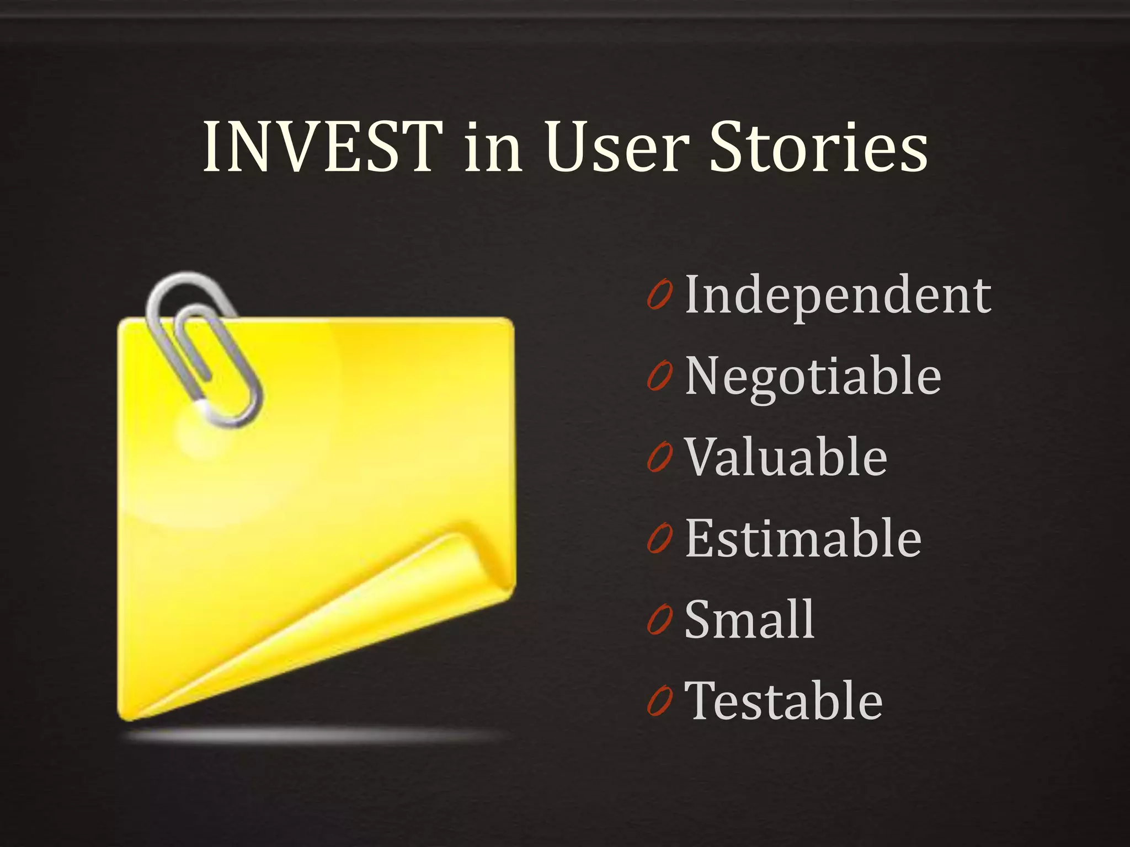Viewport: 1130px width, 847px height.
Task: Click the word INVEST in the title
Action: [x=323, y=148]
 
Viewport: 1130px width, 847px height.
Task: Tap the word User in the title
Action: [x=618, y=148]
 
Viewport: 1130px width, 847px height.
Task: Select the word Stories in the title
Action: [x=818, y=148]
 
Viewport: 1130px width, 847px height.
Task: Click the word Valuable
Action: [x=786, y=457]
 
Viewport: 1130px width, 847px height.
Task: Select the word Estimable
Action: [x=803, y=539]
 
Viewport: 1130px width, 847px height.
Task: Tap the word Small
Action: [x=749, y=620]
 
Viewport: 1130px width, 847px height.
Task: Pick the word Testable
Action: [x=783, y=701]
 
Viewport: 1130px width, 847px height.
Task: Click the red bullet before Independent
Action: [x=659, y=296]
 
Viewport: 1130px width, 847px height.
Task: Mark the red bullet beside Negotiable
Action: [x=659, y=377]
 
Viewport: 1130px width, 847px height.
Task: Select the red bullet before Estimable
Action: [x=659, y=539]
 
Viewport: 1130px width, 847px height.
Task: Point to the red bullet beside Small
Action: [x=659, y=620]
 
